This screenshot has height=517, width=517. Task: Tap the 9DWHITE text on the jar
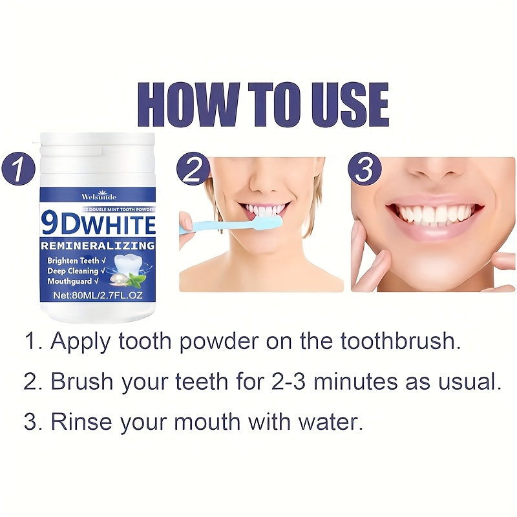click(x=98, y=224)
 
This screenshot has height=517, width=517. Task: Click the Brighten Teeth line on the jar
click(x=72, y=260)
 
